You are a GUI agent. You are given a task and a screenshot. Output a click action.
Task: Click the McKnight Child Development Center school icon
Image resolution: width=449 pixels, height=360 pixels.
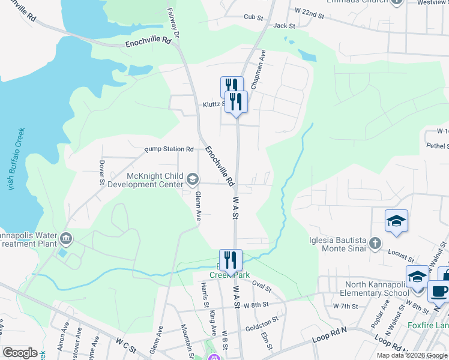tap(193, 179)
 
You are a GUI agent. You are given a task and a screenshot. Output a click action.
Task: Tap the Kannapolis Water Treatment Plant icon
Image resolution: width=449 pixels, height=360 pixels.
tap(66, 239)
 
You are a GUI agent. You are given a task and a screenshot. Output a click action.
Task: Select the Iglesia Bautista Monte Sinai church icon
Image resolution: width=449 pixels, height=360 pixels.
tap(375, 243)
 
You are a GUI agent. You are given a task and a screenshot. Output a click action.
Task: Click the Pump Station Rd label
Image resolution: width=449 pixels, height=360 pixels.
tap(169, 149)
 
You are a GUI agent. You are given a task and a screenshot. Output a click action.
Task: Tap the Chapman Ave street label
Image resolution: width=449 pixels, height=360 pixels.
tap(258, 70)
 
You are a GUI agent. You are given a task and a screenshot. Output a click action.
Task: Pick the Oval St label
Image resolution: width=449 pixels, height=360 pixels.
tap(262, 284)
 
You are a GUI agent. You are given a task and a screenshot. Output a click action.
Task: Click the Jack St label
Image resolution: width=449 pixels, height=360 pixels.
tap(284, 26)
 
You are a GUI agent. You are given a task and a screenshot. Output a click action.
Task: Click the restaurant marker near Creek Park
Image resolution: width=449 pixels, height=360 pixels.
tap(231, 260)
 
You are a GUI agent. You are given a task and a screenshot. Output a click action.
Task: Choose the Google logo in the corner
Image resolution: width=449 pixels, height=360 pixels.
tap(20, 352)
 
